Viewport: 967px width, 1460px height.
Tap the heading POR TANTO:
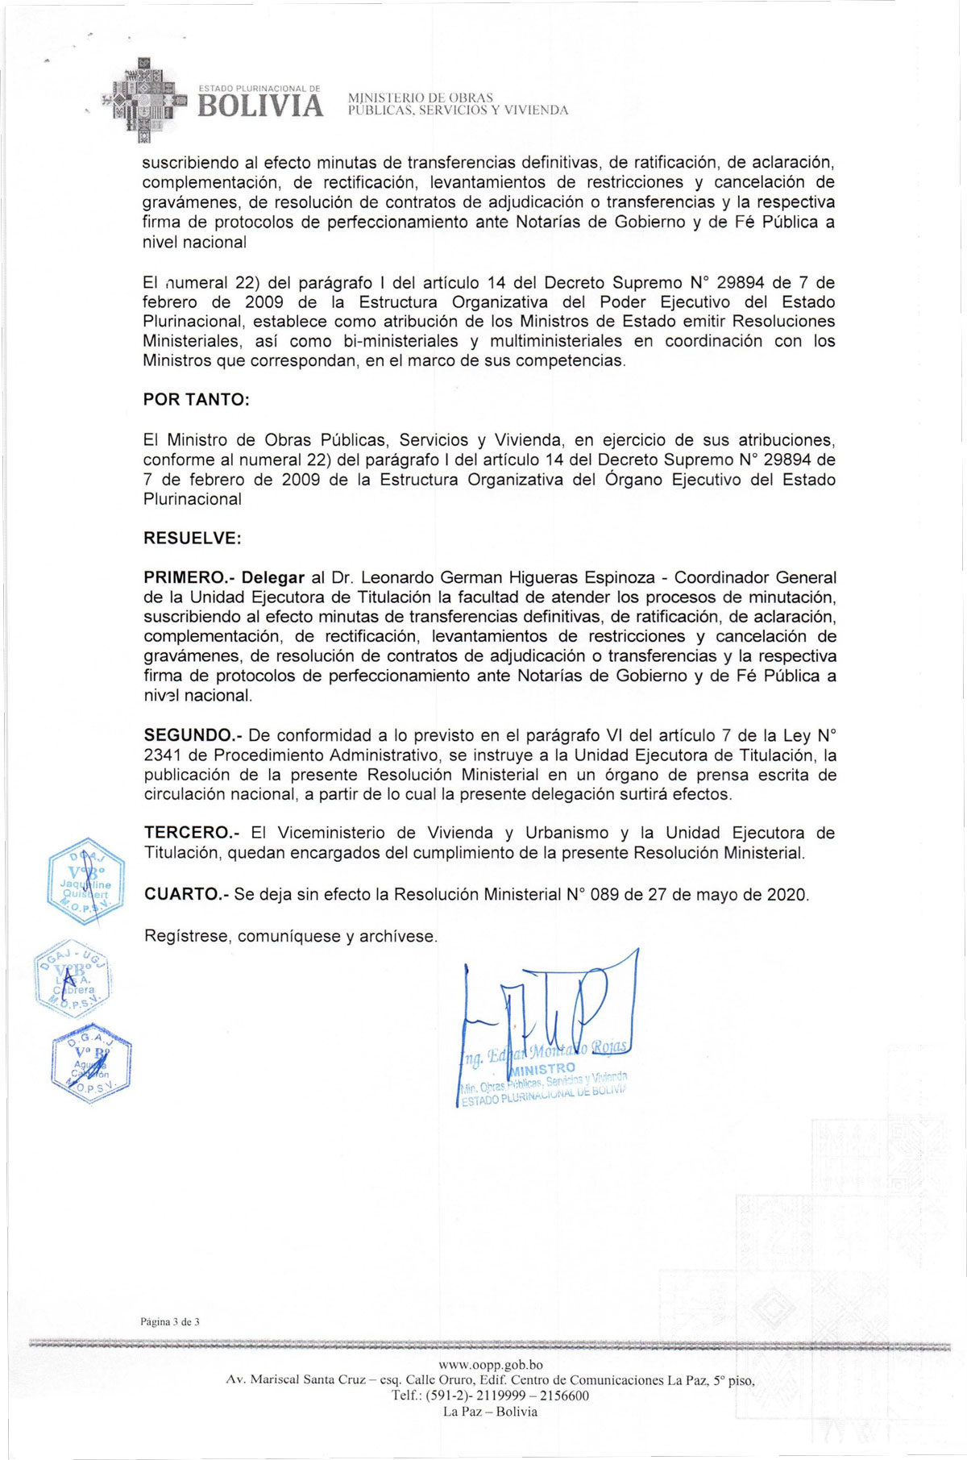click(196, 400)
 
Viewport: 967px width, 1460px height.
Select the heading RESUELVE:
click(192, 538)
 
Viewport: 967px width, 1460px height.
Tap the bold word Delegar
click(273, 578)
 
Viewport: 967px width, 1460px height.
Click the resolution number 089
click(604, 894)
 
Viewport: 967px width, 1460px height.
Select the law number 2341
click(164, 755)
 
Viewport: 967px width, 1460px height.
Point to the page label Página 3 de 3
click(169, 1321)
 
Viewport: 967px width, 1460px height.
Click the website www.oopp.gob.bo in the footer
click(490, 1365)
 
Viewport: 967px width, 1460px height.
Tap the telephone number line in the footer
click(490, 1396)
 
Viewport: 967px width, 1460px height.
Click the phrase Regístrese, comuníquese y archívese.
click(290, 936)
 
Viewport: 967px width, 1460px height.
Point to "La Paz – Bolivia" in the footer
click(490, 1412)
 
